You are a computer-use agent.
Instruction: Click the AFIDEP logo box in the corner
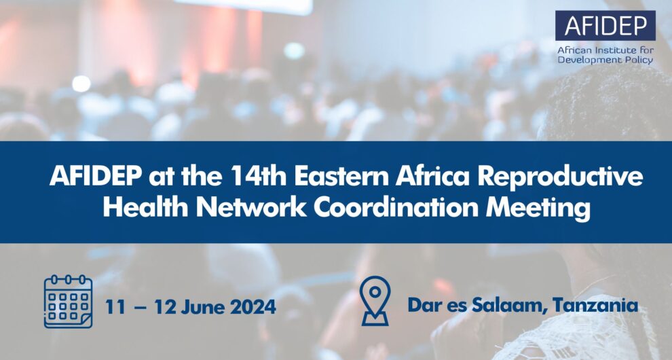point(605,26)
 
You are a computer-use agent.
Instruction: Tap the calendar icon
point(68,301)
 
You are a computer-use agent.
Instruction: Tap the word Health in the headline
point(141,209)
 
